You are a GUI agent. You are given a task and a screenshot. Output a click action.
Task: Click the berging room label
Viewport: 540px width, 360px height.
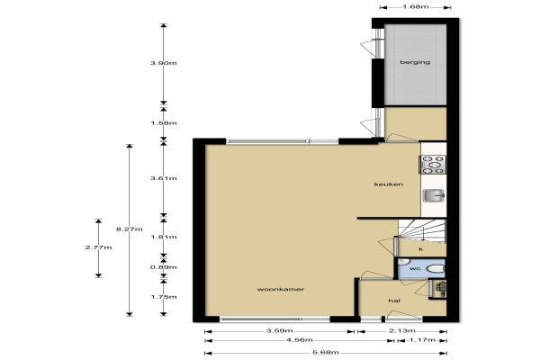[415, 62]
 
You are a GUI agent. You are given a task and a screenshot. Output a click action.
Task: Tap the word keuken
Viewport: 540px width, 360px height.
[389, 184]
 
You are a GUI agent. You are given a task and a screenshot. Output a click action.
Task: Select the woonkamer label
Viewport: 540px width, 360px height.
[281, 289]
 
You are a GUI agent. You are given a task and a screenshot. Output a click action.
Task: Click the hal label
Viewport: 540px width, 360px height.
[394, 301]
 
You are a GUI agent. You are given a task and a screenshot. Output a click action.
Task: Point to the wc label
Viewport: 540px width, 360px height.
[415, 268]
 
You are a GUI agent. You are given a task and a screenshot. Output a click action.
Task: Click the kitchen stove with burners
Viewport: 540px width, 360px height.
[433, 165]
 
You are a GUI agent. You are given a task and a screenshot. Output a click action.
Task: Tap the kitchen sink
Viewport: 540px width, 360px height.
[435, 195]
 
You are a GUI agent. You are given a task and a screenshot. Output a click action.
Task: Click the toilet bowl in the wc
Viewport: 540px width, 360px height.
[436, 269]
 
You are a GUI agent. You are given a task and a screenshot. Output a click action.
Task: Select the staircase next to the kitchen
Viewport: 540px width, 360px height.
[422, 230]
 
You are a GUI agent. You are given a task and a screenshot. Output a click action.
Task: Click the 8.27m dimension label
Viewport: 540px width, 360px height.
[129, 229]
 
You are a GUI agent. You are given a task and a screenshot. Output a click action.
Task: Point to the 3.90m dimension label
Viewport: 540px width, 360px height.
[164, 63]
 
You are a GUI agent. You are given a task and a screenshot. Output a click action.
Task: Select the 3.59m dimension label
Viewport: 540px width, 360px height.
[279, 331]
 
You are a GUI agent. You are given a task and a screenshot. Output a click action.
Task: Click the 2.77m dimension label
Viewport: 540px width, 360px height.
[98, 247]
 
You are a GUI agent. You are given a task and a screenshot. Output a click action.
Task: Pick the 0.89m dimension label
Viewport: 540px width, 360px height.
[164, 267]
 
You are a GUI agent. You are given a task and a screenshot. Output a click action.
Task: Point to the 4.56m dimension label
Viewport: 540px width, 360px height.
[300, 340]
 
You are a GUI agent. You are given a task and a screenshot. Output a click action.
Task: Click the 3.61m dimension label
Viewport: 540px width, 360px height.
[164, 178]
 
